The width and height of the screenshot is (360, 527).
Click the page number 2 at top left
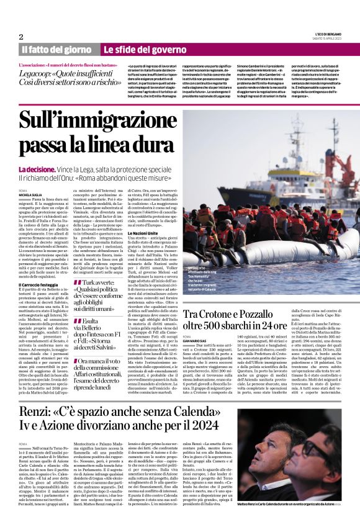pyautogui.click(x=22, y=37)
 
